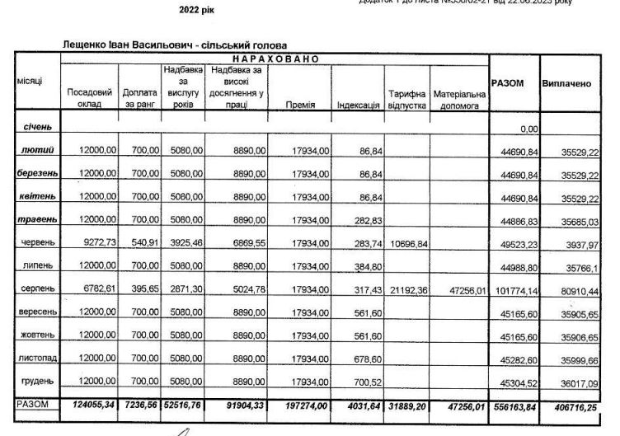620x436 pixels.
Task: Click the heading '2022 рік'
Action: (195, 13)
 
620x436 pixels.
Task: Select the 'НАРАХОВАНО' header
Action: (275, 59)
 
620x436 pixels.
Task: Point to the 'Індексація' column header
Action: (359, 105)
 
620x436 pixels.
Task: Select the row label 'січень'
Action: (38, 128)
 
